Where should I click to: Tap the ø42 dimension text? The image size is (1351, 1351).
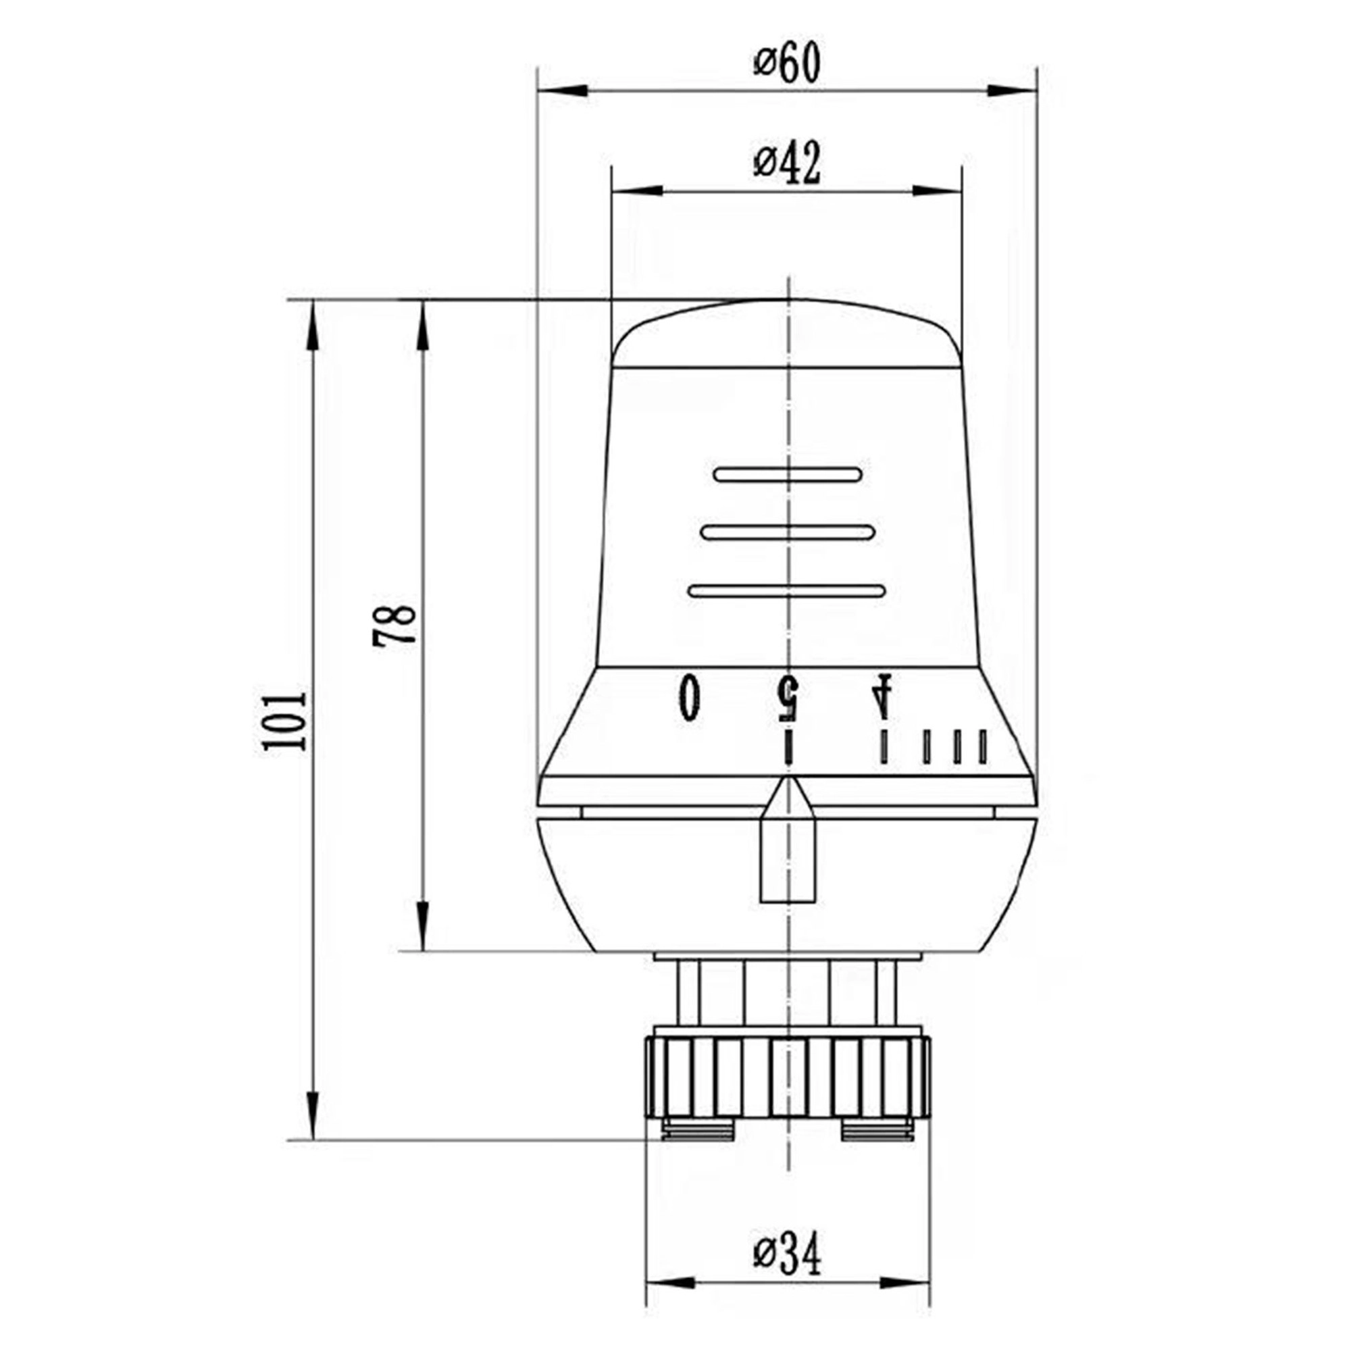[x=787, y=165]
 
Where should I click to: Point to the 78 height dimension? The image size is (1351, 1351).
[x=394, y=626]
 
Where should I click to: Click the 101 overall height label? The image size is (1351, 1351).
[x=284, y=721]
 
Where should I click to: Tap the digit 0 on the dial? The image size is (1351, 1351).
[x=690, y=696]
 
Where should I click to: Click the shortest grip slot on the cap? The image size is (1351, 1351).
[x=788, y=475]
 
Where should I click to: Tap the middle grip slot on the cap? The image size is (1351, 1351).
[x=788, y=533]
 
